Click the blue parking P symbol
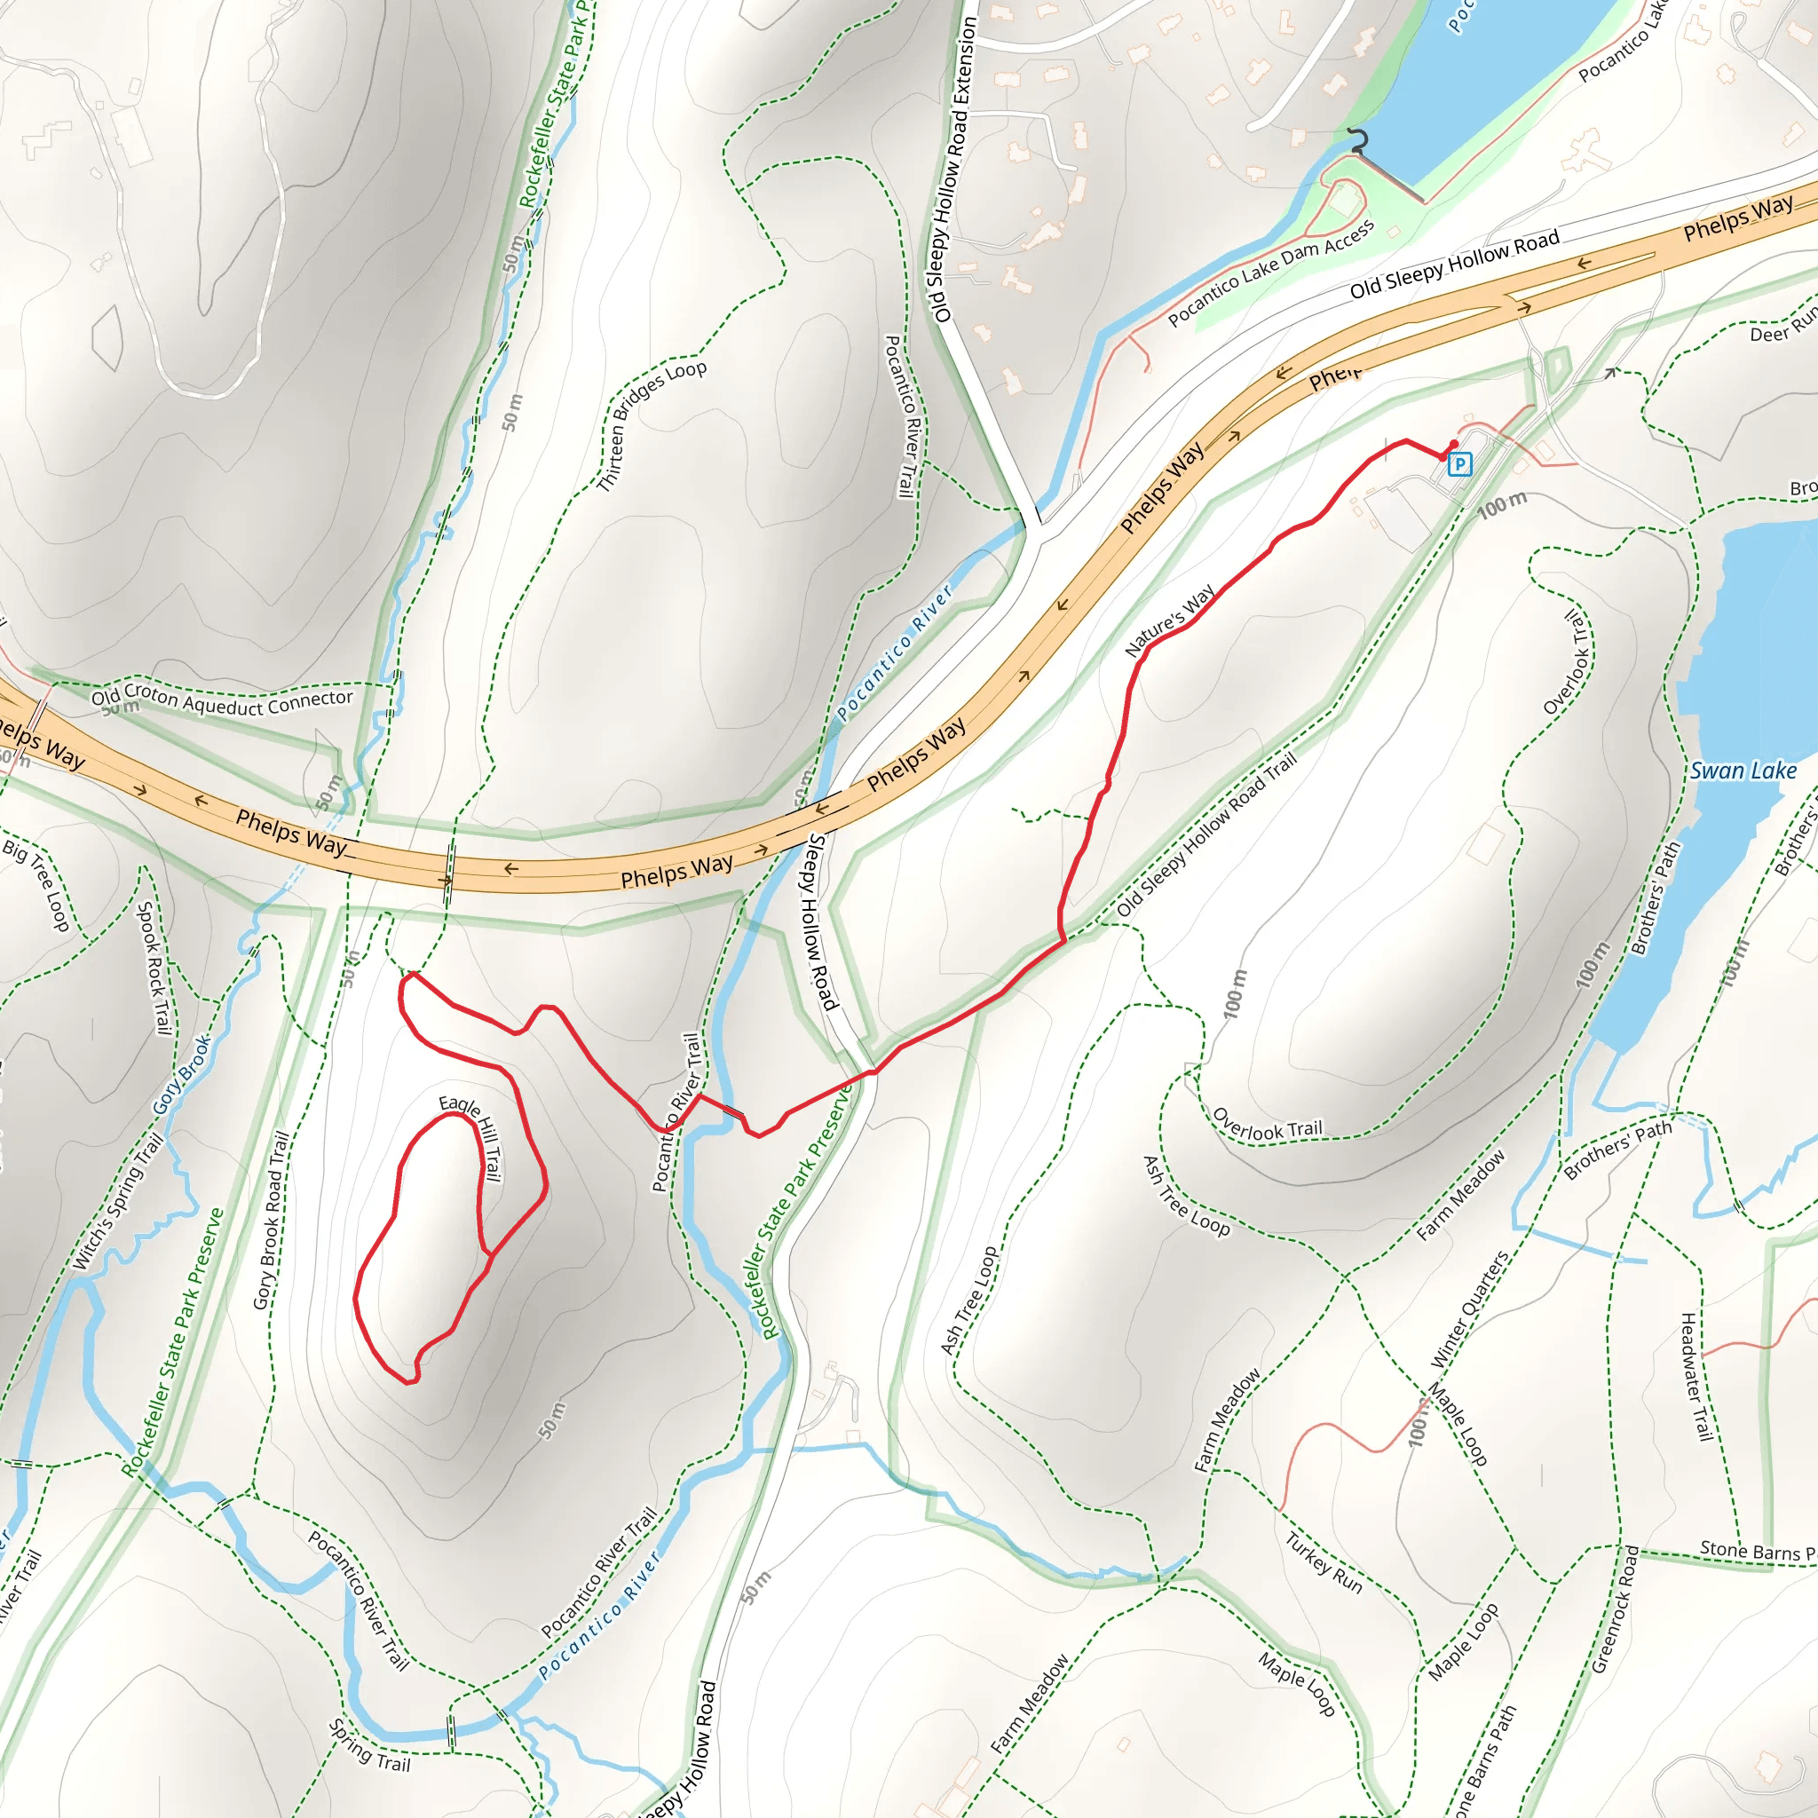(x=1458, y=464)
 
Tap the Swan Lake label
(x=1743, y=771)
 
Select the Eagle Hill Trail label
(x=471, y=1137)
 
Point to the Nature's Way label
(x=1170, y=621)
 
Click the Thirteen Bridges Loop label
(x=652, y=425)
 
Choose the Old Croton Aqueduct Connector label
(x=222, y=701)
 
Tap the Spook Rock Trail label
(x=154, y=968)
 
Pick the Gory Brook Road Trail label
(x=270, y=1220)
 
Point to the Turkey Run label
(x=1323, y=1563)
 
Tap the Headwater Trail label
(x=1695, y=1377)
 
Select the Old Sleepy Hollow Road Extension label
(x=952, y=170)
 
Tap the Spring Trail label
(x=370, y=1745)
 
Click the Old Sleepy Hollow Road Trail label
(x=1206, y=834)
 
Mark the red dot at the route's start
(x=1454, y=444)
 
